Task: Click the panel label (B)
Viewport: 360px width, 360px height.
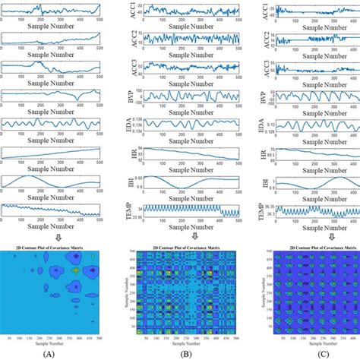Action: pyautogui.click(x=181, y=352)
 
